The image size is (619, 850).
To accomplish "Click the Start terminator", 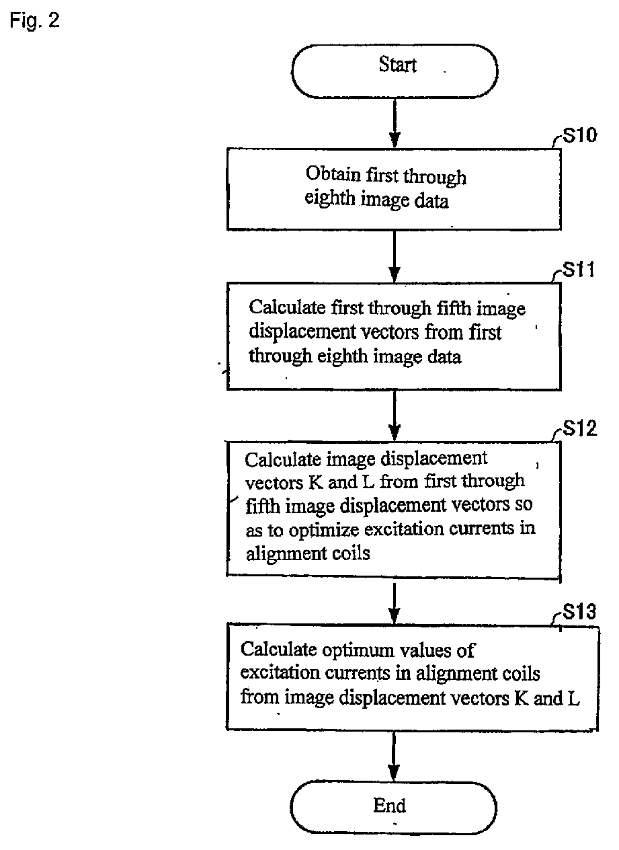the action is click(395, 71).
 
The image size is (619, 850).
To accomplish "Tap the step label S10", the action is click(579, 135).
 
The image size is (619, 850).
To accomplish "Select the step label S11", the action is click(579, 270).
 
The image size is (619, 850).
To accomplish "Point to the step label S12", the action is click(580, 428).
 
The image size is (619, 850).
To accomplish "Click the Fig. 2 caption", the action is click(34, 20).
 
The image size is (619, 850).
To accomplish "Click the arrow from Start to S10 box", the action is click(395, 123).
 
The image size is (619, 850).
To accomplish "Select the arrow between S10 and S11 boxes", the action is click(395, 256).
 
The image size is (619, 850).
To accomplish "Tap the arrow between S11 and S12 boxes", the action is click(395, 416).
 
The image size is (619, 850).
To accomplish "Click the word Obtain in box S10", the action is click(333, 174).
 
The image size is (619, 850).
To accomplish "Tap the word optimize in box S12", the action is click(323, 531).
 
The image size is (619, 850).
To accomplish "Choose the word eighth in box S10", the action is click(329, 199).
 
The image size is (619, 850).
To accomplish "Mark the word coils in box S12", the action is click(351, 553).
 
